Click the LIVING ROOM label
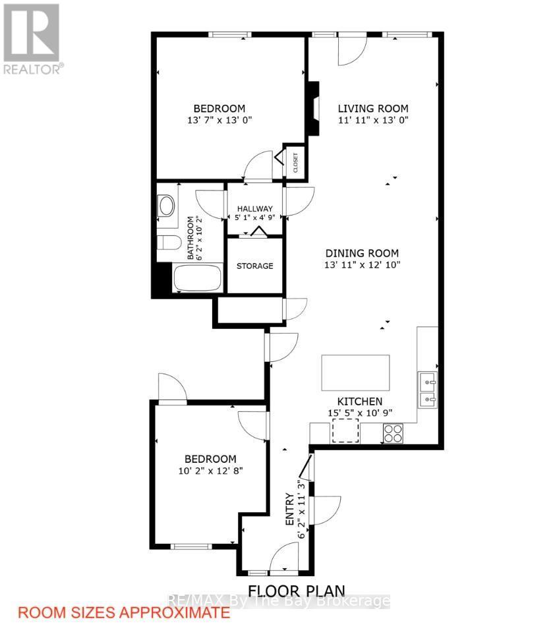pyautogui.click(x=373, y=109)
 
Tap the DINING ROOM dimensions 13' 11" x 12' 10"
pyautogui.click(x=362, y=265)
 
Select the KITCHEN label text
pyautogui.click(x=359, y=401)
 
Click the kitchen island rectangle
pyautogui.click(x=355, y=373)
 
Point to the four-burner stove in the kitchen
pyautogui.click(x=394, y=433)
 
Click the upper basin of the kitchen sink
pyautogui.click(x=427, y=380)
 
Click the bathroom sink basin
pyautogui.click(x=166, y=206)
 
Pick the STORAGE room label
pyautogui.click(x=255, y=266)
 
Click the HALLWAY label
pyautogui.click(x=254, y=209)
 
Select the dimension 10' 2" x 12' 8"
pyautogui.click(x=210, y=471)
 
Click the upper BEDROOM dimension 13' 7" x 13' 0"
pyautogui.click(x=220, y=121)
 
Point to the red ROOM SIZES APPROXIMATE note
pyautogui.click(x=124, y=613)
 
